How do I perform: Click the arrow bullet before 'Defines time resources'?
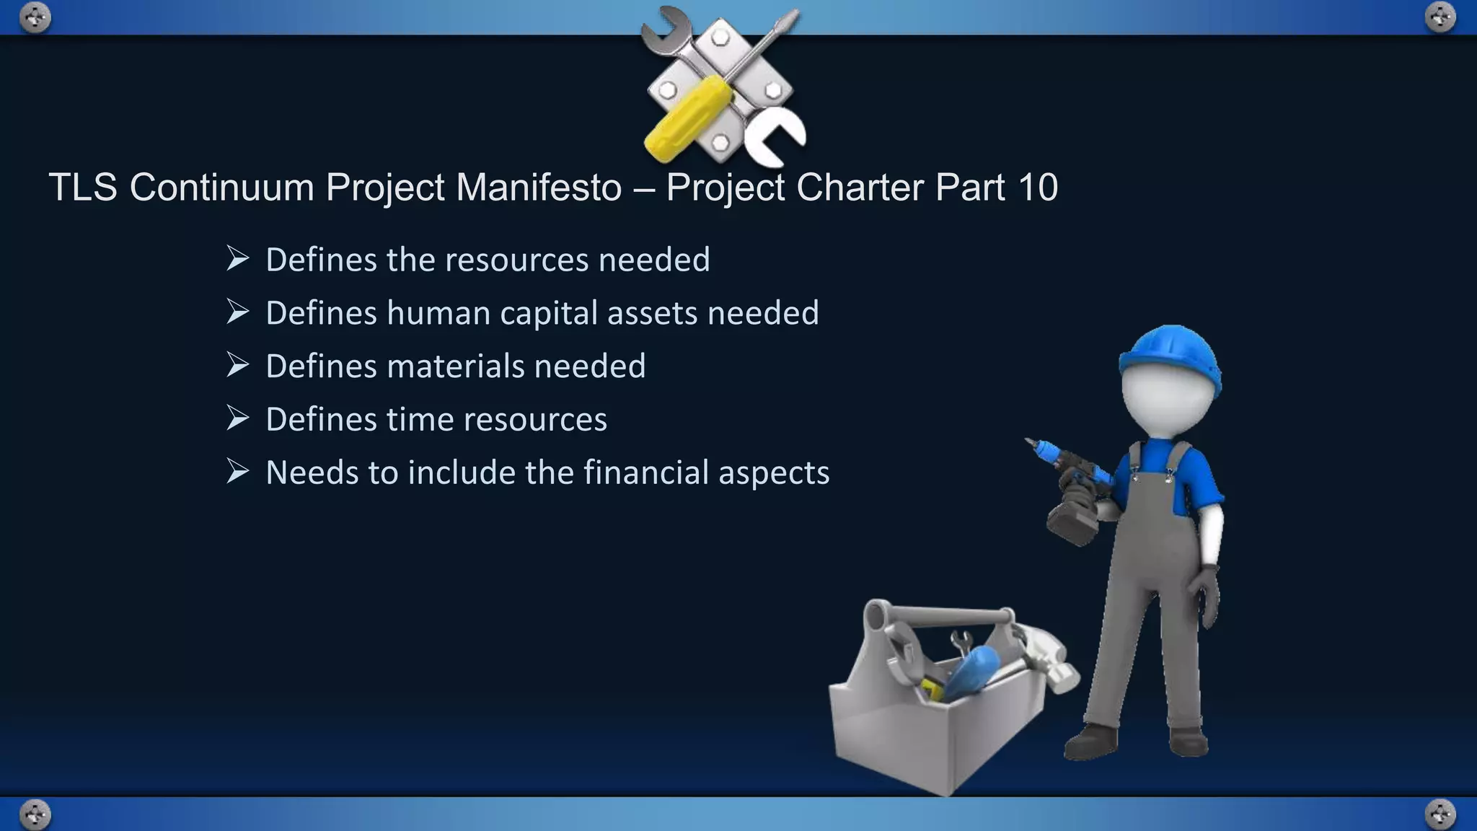click(237, 418)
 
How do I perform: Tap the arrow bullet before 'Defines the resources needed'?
click(237, 258)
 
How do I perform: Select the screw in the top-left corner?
click(35, 17)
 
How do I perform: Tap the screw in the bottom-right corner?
click(1440, 814)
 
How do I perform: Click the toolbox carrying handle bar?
click(945, 615)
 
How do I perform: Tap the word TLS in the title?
click(82, 188)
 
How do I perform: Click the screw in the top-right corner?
click(1440, 17)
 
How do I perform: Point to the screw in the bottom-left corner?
click(35, 814)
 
